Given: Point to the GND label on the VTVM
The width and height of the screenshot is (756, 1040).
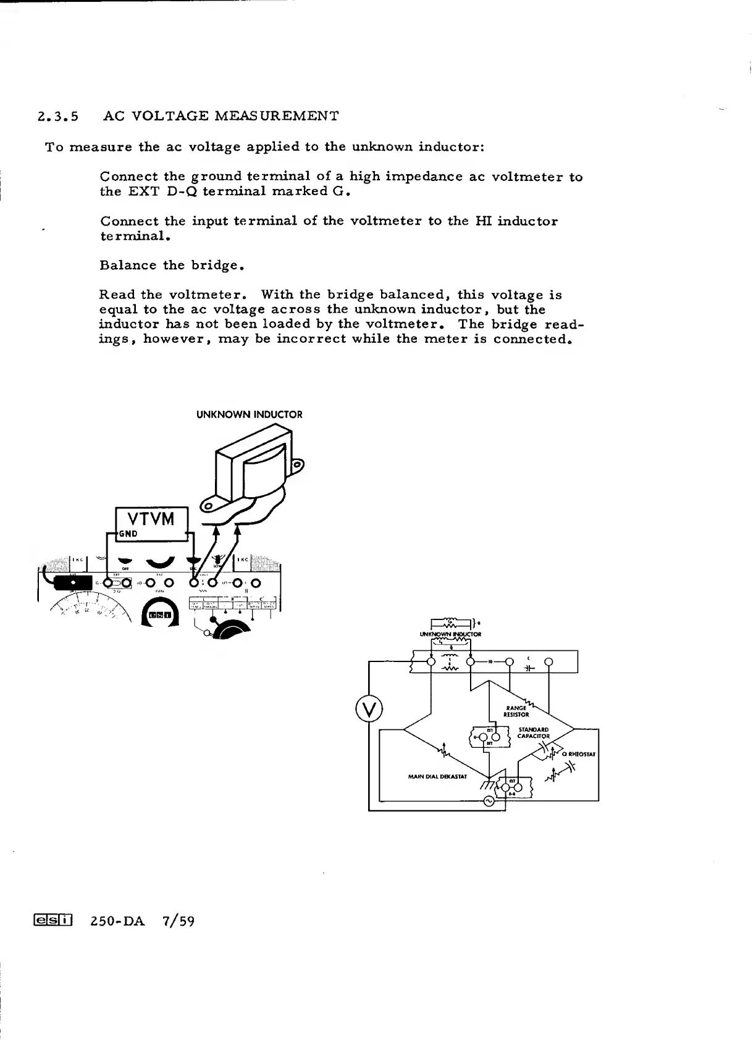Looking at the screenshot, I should [x=128, y=534].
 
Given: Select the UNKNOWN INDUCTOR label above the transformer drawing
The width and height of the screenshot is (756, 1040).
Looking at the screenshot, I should [x=250, y=414].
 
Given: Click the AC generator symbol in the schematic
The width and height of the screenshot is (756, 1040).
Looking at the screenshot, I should [x=488, y=801].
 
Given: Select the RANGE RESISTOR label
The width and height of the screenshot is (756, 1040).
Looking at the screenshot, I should [x=516, y=711].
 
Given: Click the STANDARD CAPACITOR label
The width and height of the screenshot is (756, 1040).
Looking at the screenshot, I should [x=533, y=732].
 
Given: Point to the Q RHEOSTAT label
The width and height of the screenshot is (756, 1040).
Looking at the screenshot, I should [x=578, y=754].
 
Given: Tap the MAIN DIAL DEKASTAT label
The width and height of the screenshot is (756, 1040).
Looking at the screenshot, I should [x=437, y=776].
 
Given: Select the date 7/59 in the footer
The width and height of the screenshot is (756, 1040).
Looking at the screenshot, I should [x=178, y=921].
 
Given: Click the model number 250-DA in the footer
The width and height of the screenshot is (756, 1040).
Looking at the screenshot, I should [x=117, y=921].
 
